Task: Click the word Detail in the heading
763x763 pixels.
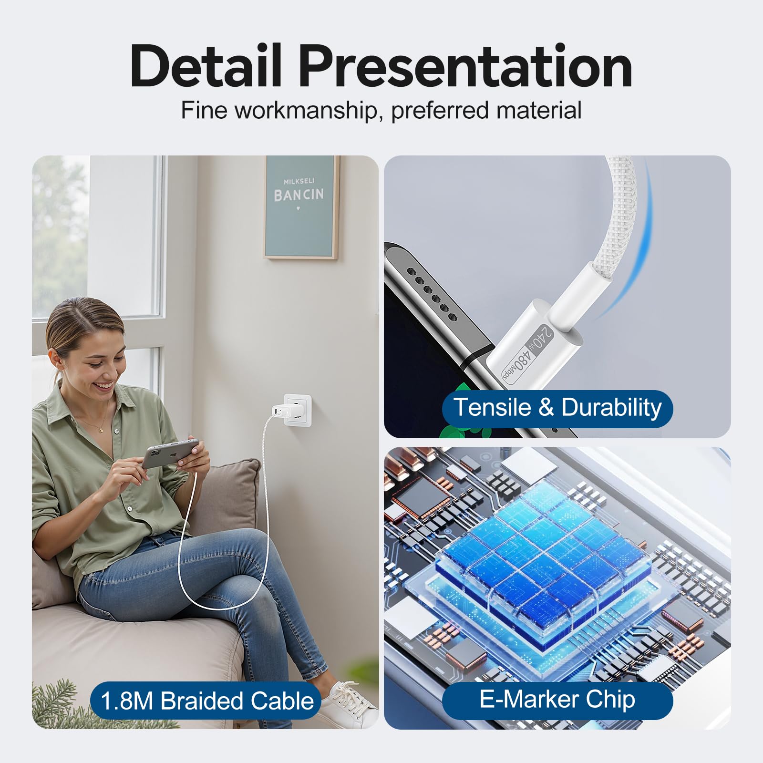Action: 206,66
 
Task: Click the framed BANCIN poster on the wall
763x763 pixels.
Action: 301,207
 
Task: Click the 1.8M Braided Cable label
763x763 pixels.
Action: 207,701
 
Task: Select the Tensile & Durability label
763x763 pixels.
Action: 557,408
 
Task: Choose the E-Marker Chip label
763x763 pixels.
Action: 557,700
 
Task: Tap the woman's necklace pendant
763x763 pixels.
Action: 101,429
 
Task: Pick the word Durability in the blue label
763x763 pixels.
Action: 611,408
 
